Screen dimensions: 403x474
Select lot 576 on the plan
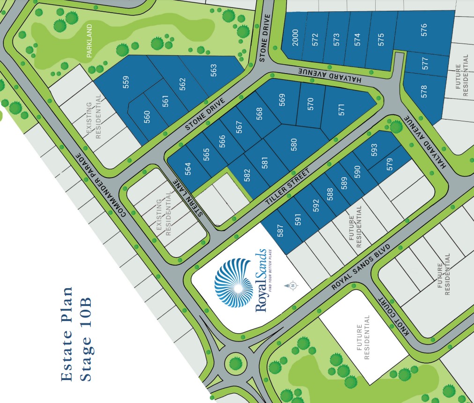pyautogui.click(x=424, y=30)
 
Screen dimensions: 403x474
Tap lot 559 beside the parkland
pyautogui.click(x=126, y=82)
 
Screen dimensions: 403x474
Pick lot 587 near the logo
pyautogui.click(x=281, y=232)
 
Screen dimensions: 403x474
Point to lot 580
pyautogui.click(x=294, y=144)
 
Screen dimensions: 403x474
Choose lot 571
pyautogui.click(x=341, y=110)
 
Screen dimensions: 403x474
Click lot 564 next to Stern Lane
pyautogui.click(x=188, y=169)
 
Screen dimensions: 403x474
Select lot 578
pyautogui.click(x=424, y=91)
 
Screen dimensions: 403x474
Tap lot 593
pyautogui.click(x=374, y=150)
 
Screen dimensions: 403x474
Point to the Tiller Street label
pyautogui.click(x=289, y=186)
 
